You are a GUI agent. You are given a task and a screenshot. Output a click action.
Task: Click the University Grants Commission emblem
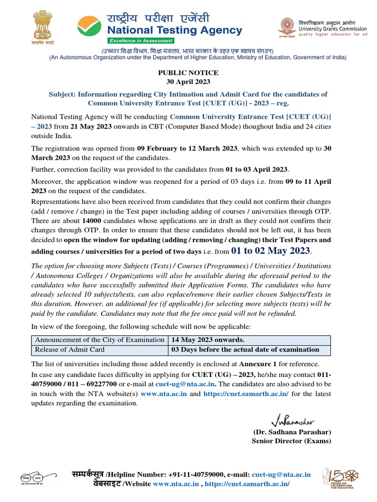click(287, 27)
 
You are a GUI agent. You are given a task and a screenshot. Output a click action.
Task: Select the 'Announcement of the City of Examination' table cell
click(100, 340)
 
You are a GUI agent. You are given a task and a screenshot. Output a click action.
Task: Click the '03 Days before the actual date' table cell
click(244, 350)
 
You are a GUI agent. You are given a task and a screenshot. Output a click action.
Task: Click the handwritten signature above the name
click(293, 420)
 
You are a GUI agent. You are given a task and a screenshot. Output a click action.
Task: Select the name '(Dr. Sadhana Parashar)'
click(292, 432)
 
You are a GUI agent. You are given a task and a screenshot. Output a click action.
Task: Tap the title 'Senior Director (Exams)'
click(291, 441)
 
